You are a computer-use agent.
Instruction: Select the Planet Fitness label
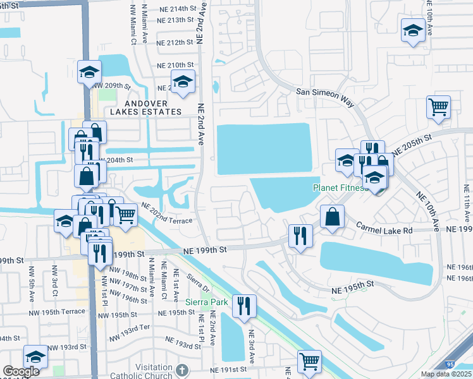pyautogui.click(x=340, y=188)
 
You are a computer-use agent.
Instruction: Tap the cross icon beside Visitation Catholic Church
pyautogui.click(x=182, y=370)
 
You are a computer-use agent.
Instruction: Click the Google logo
pyautogui.click(x=21, y=371)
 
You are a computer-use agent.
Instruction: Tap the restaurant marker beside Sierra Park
pyautogui.click(x=243, y=306)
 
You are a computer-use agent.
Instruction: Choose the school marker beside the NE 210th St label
pyautogui.click(x=183, y=81)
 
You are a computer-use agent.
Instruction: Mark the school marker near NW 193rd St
pyautogui.click(x=36, y=356)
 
